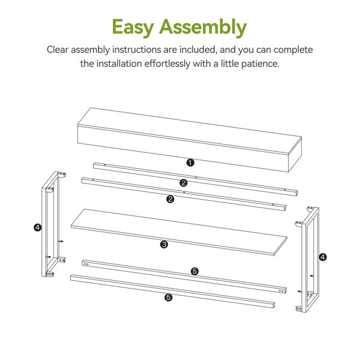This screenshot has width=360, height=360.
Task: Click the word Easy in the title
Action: click(133, 28)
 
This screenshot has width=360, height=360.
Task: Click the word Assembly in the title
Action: click(203, 28)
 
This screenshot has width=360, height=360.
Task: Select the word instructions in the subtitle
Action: click(137, 50)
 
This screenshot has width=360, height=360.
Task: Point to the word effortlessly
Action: click(167, 64)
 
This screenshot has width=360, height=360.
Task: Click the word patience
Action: click(260, 64)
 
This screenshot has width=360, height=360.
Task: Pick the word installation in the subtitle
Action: click(119, 64)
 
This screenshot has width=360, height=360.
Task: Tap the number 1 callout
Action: click(190, 163)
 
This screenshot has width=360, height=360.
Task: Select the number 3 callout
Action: click(164, 245)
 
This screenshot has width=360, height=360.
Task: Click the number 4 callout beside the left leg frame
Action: click(38, 227)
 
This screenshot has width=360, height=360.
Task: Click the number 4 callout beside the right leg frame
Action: click(323, 257)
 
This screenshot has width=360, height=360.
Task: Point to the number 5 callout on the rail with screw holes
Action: click(194, 271)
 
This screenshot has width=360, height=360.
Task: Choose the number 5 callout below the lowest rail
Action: click(169, 298)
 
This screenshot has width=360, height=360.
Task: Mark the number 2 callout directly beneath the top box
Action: click(184, 183)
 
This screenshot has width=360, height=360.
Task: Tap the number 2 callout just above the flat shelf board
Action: click(170, 199)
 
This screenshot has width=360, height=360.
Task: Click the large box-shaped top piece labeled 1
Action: click(190, 140)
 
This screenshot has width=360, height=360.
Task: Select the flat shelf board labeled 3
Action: click(179, 232)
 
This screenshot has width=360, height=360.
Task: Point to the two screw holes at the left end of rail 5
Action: click(86, 264)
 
